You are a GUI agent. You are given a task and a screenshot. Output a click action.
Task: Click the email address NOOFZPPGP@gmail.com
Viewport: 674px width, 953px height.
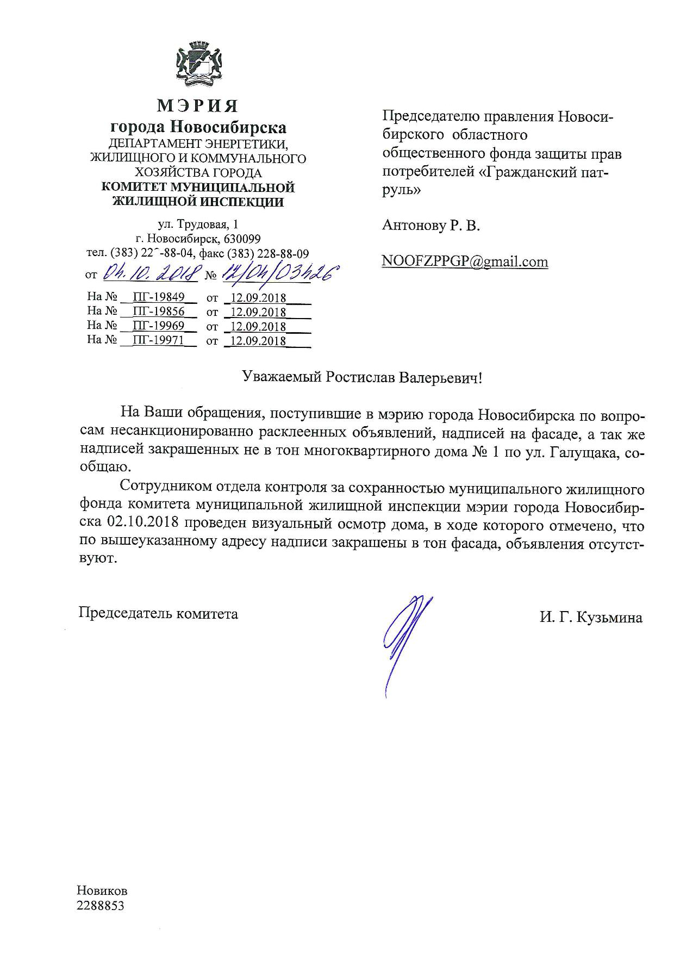coord(465,261)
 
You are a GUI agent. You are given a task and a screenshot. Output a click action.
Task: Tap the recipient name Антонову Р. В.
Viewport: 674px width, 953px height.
coord(431,225)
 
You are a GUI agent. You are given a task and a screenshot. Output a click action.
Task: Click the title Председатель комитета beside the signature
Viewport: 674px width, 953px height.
coord(158,614)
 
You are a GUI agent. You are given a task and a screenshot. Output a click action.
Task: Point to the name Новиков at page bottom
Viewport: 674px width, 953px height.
coord(102,891)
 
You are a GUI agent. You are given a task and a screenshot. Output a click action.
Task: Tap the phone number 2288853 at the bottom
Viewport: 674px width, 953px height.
coord(101,906)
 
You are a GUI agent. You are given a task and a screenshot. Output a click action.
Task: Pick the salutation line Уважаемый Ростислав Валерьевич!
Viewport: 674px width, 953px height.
coord(361,378)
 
